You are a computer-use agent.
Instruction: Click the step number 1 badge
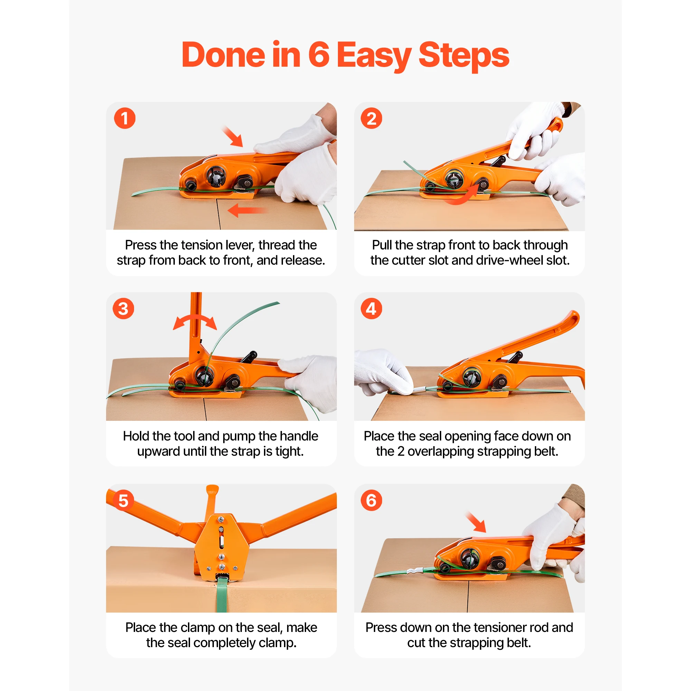click(x=124, y=119)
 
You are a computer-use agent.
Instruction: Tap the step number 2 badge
click(x=371, y=119)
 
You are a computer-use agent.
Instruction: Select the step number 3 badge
click(x=123, y=309)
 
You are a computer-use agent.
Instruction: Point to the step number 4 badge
click(x=371, y=309)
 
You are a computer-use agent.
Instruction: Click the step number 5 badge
click(x=123, y=500)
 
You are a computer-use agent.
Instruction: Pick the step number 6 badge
click(x=371, y=500)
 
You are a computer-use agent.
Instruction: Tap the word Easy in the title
click(x=374, y=57)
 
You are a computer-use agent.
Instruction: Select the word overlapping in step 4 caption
click(x=443, y=452)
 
